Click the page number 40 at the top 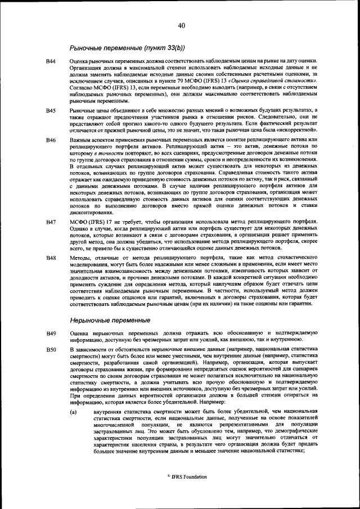coord(181,25)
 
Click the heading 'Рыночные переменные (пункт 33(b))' coord(128,47)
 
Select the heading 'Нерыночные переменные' coord(110,320)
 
